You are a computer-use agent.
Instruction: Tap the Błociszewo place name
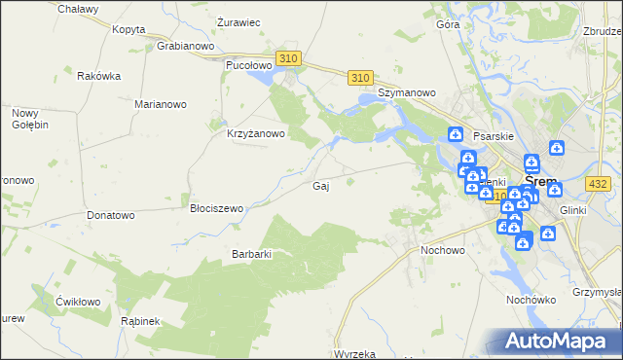coord(216,208)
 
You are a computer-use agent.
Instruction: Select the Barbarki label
coord(250,254)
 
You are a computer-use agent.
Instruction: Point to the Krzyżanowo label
coord(255,134)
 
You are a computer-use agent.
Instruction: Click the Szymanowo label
coord(406,92)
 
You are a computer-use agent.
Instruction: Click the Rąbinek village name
coord(140,320)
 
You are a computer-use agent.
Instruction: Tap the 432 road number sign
coord(599,184)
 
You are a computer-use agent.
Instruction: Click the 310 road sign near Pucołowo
coord(287,59)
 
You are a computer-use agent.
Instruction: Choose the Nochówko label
coord(531,300)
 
